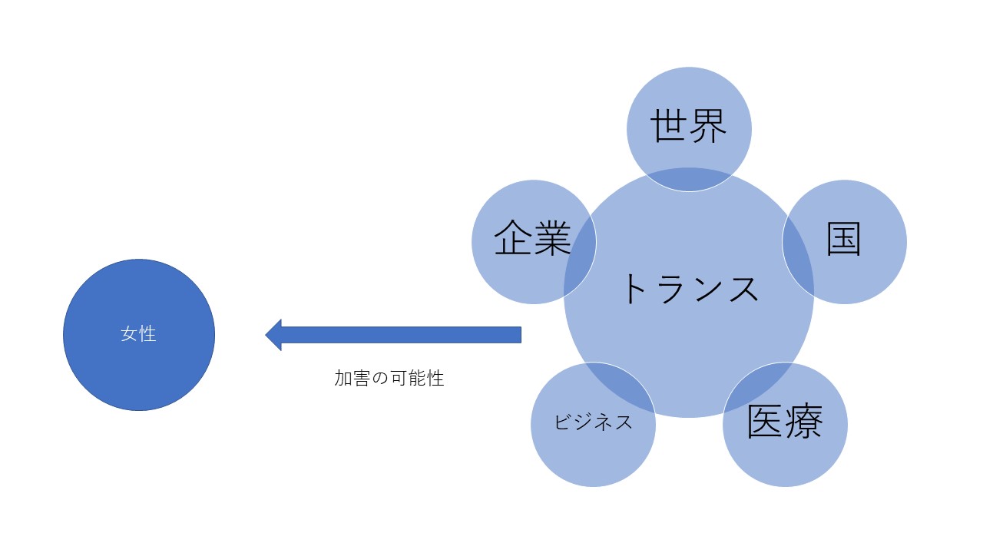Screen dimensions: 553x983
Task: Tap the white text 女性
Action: pos(139,334)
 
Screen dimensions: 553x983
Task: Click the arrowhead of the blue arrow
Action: pos(273,335)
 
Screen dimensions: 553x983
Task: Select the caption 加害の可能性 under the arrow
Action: pos(389,378)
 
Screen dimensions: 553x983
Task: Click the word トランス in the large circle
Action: pos(689,290)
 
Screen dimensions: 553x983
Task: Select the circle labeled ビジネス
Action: pos(584,453)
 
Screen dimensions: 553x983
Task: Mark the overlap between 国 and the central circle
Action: pos(798,242)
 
